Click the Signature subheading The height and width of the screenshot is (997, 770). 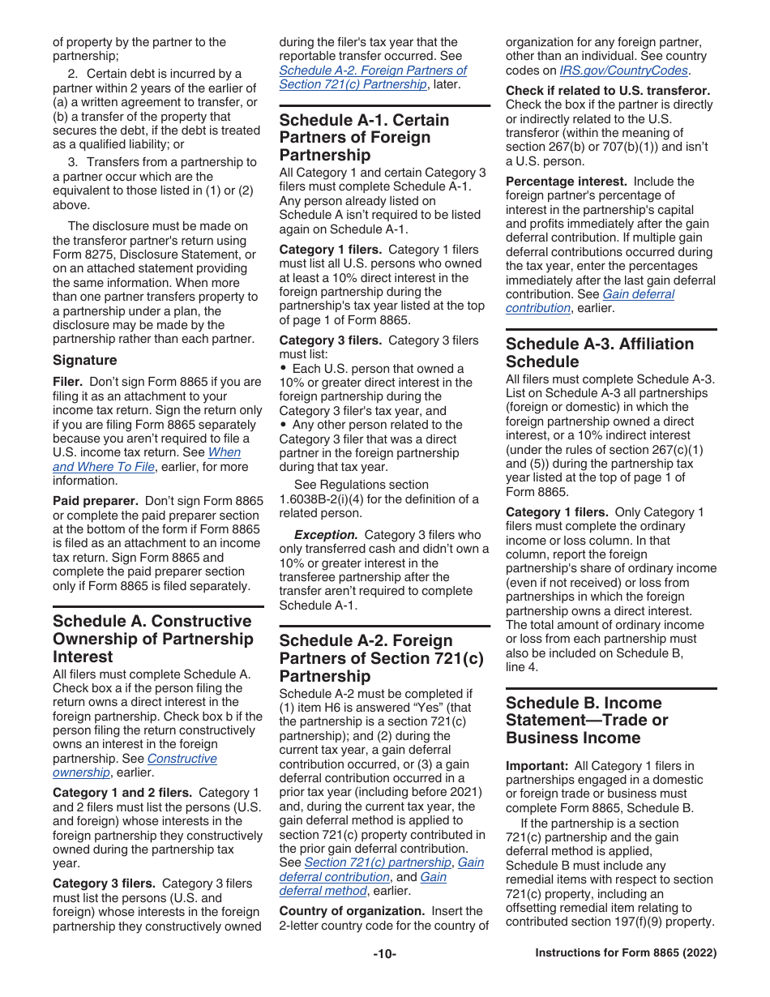point(85,360)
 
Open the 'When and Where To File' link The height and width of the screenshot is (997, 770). point(147,460)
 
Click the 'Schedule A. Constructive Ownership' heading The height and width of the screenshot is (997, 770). point(152,639)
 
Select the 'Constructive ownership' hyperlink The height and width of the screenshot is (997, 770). point(135,765)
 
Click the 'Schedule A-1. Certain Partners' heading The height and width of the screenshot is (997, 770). point(364,137)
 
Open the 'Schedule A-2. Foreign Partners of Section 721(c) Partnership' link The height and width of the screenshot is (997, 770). point(372,77)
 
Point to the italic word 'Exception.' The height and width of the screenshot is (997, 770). point(326,535)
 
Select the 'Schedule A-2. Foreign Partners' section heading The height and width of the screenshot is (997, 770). point(381,658)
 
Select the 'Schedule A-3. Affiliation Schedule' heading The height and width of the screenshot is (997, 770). point(600,353)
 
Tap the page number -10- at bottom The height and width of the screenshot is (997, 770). point(384,954)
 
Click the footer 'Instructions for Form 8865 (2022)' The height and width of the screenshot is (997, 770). point(626,954)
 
